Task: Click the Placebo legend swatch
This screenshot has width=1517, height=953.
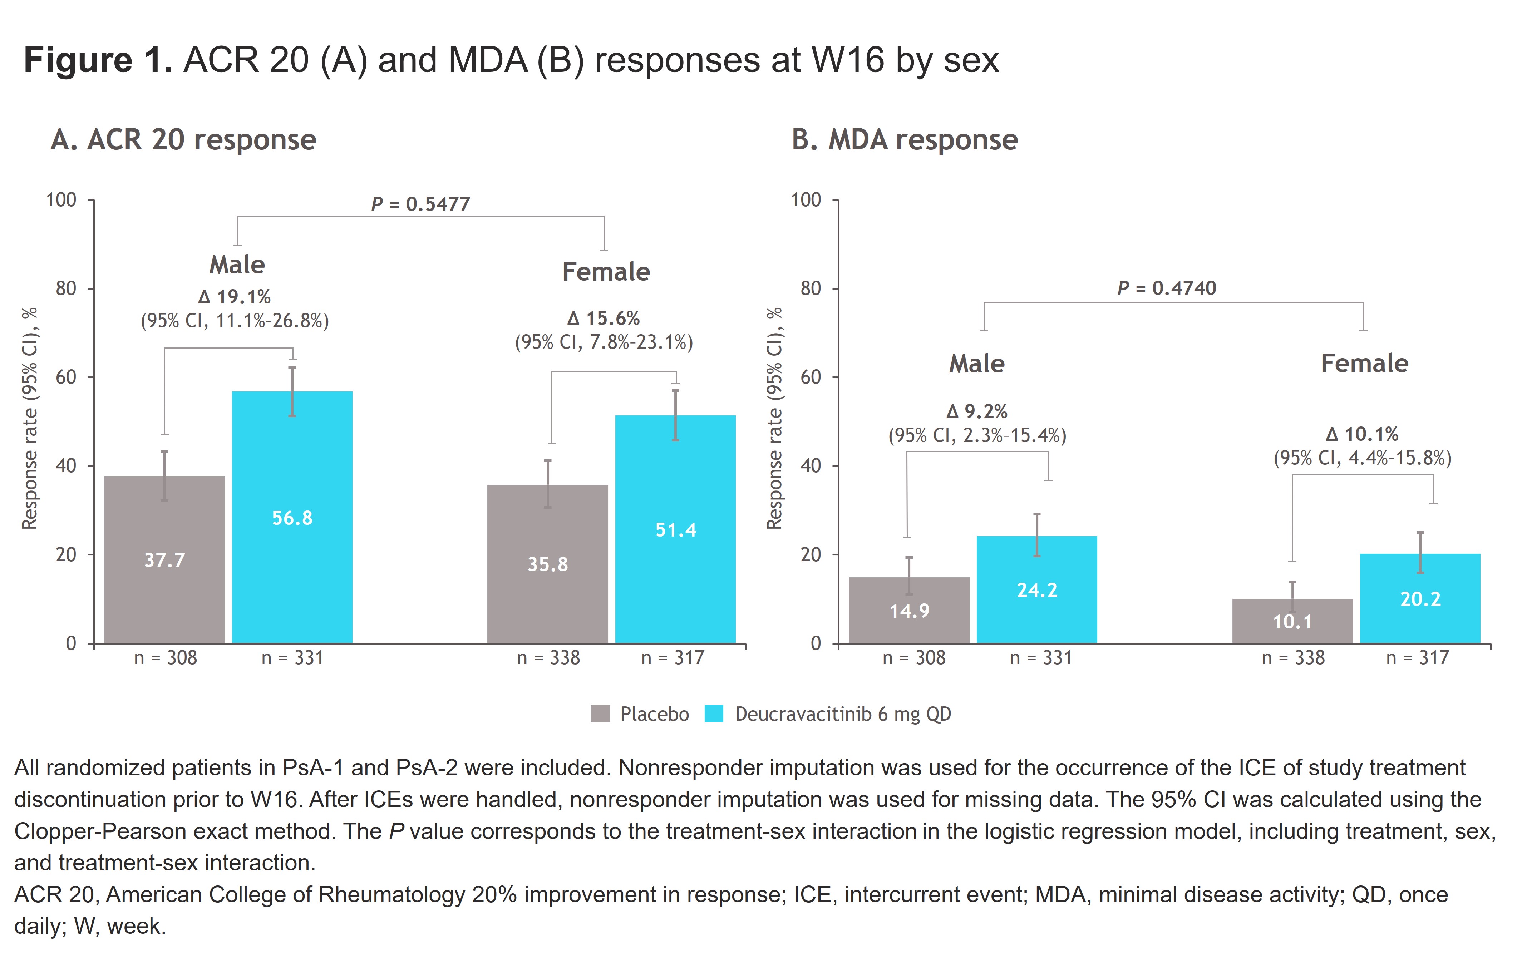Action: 600,713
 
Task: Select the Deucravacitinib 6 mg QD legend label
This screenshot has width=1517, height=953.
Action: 843,713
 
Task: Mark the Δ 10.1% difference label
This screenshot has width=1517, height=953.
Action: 1362,434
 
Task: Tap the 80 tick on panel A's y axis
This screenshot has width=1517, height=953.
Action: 65,288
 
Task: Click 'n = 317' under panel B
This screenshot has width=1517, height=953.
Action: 1418,658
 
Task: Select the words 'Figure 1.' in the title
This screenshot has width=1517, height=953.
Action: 98,60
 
